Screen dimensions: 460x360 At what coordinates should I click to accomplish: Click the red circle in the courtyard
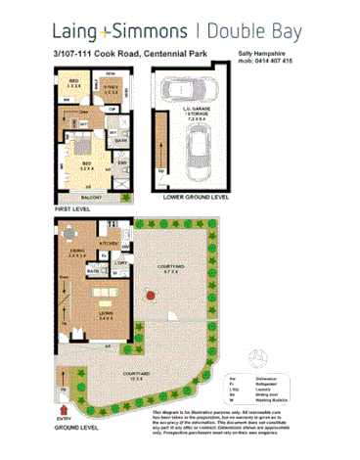click(x=148, y=295)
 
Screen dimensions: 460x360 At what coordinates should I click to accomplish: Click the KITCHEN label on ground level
click(x=111, y=242)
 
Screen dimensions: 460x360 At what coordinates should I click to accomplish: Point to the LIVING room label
click(x=104, y=313)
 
